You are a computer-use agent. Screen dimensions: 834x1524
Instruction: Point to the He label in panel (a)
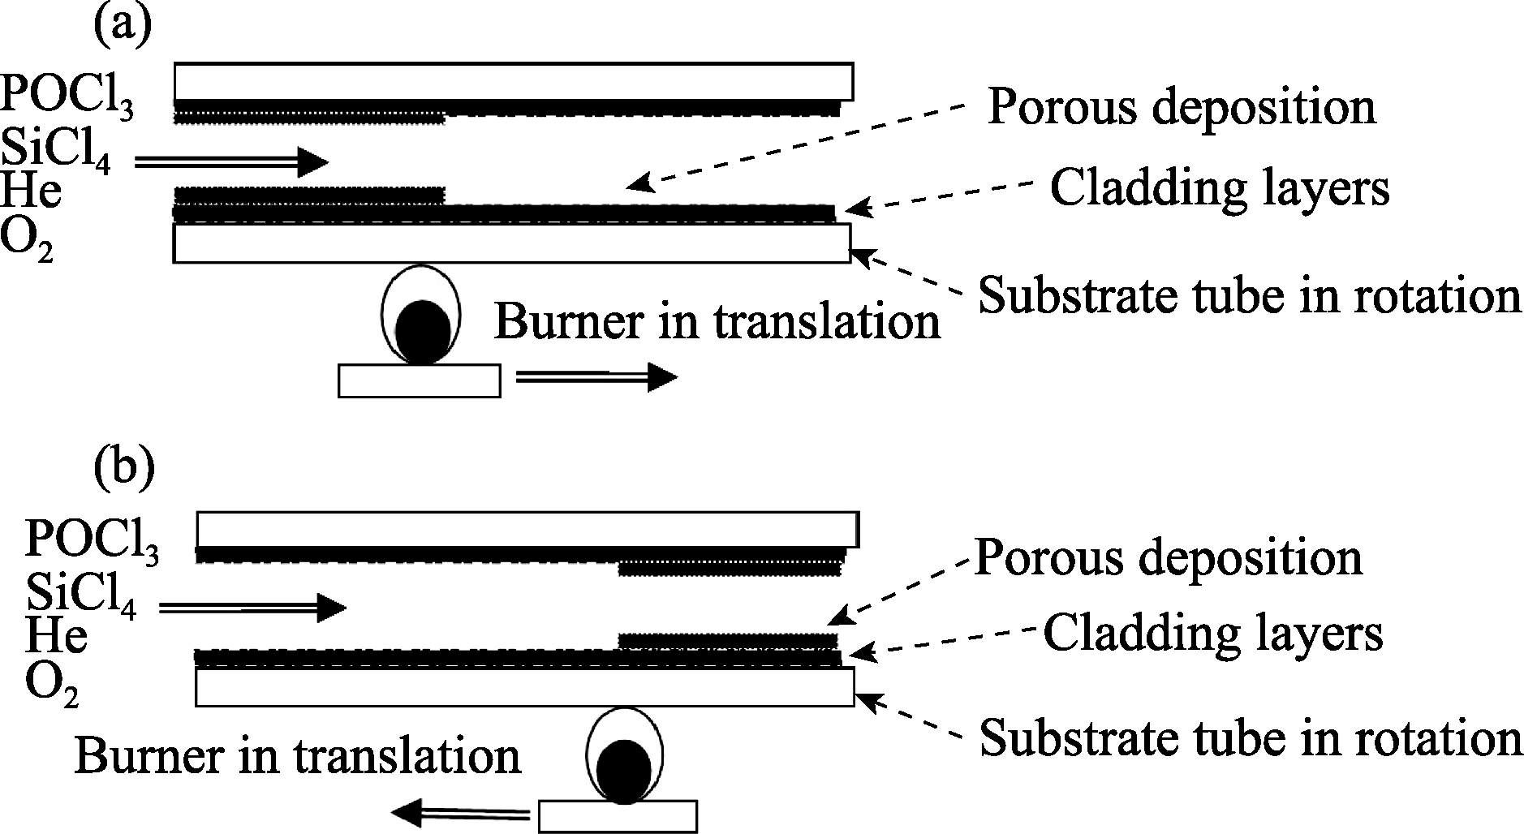point(32,193)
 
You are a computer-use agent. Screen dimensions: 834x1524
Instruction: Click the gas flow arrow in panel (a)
point(230,162)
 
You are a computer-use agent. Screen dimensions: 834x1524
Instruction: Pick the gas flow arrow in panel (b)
point(252,607)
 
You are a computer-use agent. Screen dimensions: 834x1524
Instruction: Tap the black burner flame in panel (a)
point(423,332)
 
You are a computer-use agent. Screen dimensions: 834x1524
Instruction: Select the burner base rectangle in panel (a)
point(419,380)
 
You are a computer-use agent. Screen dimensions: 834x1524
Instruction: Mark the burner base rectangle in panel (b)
point(618,816)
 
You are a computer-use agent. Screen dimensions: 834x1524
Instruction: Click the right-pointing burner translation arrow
point(596,378)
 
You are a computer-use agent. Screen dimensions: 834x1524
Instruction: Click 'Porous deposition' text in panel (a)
point(1181,107)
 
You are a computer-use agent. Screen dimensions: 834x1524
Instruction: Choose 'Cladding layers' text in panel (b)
point(1212,632)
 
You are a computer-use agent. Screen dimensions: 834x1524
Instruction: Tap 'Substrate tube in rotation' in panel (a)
point(1249,296)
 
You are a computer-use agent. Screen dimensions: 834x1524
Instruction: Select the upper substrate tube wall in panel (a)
point(513,80)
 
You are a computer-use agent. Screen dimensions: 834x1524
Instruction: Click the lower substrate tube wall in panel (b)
point(524,687)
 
